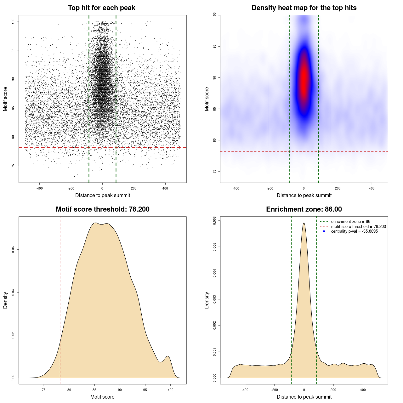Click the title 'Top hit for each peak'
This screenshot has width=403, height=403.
[102, 8]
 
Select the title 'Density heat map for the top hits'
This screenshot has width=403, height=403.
[304, 8]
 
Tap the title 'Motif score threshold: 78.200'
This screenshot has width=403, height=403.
[102, 209]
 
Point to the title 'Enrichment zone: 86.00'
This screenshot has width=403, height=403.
[304, 209]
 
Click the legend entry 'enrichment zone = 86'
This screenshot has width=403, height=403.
[350, 222]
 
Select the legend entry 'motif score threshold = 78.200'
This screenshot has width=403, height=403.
[358, 226]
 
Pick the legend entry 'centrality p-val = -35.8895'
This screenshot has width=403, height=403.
[354, 231]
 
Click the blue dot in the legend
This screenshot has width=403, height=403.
[324, 231]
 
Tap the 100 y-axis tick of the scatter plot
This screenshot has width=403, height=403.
[13, 21]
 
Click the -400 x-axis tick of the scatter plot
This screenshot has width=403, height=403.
[39, 188]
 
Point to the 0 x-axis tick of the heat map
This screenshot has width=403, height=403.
[304, 188]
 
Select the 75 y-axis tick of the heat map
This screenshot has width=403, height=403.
[214, 171]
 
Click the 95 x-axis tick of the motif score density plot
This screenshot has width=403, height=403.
[145, 390]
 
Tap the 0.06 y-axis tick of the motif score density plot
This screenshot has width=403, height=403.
[13, 250]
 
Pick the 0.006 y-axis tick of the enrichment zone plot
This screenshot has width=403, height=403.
[214, 221]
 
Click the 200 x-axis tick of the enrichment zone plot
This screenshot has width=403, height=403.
[333, 390]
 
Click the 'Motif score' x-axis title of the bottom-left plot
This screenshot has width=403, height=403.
[102, 397]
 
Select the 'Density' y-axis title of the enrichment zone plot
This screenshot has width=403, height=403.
[207, 300]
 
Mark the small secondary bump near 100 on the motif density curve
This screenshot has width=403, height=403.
[168, 356]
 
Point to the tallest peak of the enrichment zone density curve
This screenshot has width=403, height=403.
[304, 223]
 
